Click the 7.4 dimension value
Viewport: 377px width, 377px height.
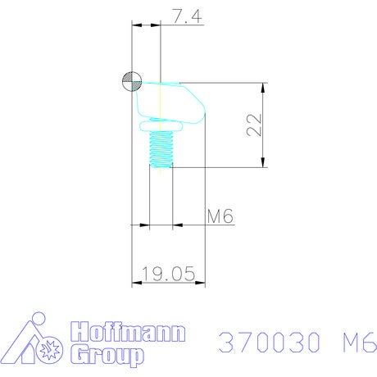(187, 16)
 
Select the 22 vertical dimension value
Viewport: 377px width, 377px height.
(254, 125)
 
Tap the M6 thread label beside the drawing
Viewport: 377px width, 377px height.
(220, 216)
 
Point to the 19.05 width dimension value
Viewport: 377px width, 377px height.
(169, 274)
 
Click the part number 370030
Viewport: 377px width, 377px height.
(269, 342)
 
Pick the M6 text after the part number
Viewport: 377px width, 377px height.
(360, 342)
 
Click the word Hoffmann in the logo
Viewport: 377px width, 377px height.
(128, 331)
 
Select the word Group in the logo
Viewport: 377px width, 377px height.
(107, 355)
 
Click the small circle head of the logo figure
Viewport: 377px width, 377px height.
(39, 319)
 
